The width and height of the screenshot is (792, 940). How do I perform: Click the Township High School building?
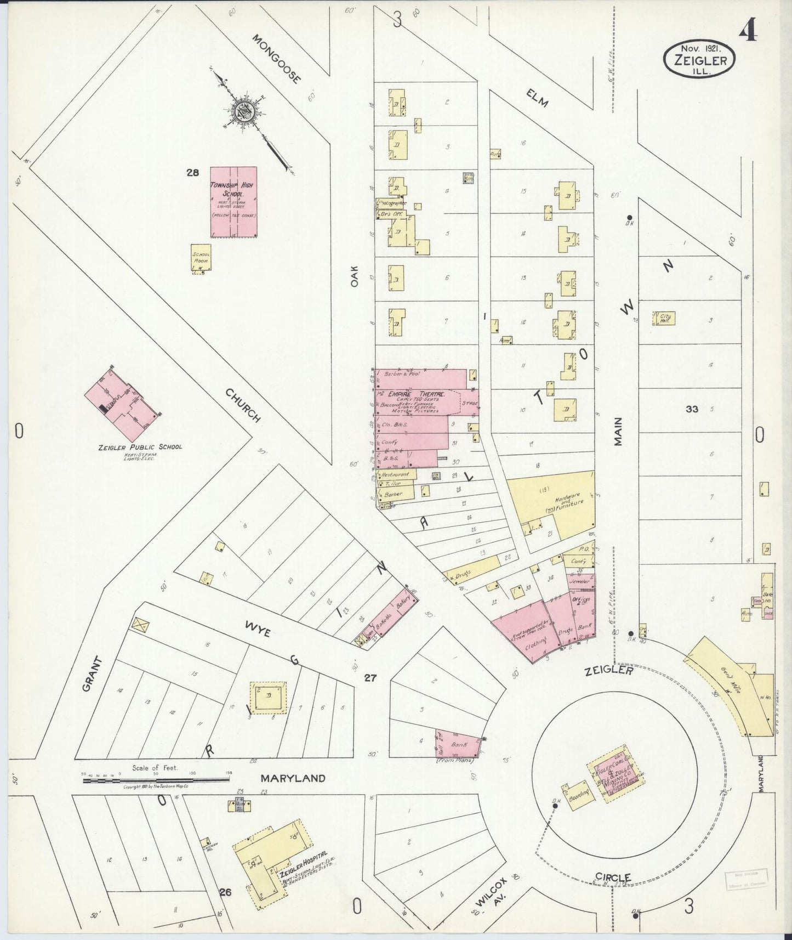[x=234, y=202]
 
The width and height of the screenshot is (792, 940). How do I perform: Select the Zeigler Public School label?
[x=140, y=447]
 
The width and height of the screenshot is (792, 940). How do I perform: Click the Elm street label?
[x=537, y=99]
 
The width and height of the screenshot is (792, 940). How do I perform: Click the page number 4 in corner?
[x=748, y=32]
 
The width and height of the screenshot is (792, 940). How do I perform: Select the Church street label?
[x=242, y=405]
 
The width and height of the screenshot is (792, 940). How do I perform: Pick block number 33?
[x=692, y=409]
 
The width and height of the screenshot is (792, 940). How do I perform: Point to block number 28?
[x=192, y=173]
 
